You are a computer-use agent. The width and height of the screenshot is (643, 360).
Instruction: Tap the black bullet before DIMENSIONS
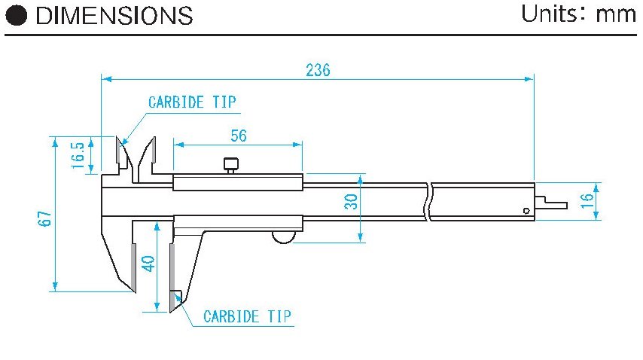click(18, 16)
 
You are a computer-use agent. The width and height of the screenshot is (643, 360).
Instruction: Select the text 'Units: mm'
click(579, 14)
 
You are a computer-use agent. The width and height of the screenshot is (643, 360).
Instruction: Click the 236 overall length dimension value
click(318, 70)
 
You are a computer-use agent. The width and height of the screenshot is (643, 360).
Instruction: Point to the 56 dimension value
click(238, 136)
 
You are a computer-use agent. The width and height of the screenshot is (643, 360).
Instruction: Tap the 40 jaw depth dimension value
click(148, 264)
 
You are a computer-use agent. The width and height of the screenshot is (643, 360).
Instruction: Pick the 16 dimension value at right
click(587, 200)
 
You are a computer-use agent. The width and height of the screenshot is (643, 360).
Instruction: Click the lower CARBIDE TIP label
click(247, 316)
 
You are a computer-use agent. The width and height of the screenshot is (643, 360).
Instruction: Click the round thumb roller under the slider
click(284, 238)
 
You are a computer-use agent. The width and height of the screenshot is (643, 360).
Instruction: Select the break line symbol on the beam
click(428, 202)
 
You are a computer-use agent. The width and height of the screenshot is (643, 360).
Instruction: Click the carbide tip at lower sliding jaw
click(176, 301)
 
